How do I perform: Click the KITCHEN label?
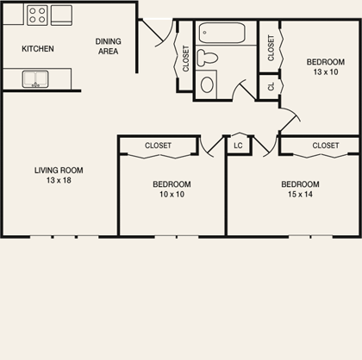pyautogui.click(x=38, y=48)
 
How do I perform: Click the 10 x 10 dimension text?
pyautogui.click(x=172, y=195)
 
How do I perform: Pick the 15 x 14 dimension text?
pyautogui.click(x=300, y=195)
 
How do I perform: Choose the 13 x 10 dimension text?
pyautogui.click(x=326, y=72)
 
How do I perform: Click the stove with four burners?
pyautogui.click(x=37, y=15)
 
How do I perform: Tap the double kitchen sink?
pyautogui.click(x=35, y=80)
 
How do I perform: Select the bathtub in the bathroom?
pyautogui.click(x=222, y=33)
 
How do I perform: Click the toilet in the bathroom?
pyautogui.click(x=208, y=59)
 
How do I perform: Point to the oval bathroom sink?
pyautogui.click(x=207, y=85)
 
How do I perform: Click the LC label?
pyautogui.click(x=238, y=146)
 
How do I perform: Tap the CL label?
pyautogui.click(x=271, y=87)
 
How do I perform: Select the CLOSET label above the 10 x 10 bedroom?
pyautogui.click(x=158, y=146)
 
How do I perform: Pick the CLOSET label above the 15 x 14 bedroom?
pyautogui.click(x=325, y=146)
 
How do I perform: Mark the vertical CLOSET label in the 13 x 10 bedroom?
pyautogui.click(x=271, y=47)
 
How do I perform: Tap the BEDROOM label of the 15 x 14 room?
pyautogui.click(x=300, y=184)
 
